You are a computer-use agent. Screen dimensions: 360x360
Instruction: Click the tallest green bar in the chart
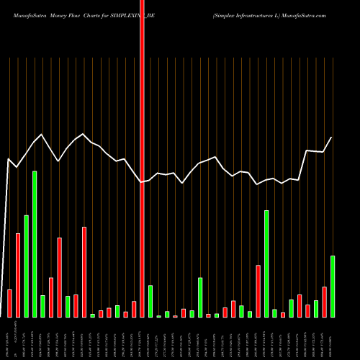tap(35, 244)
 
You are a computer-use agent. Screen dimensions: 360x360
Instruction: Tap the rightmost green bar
tap(333, 287)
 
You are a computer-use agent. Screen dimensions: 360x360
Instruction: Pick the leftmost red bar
tap(10, 303)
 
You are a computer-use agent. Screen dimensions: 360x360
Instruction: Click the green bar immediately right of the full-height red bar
tap(150, 301)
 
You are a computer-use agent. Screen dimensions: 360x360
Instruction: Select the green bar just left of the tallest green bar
tap(27, 266)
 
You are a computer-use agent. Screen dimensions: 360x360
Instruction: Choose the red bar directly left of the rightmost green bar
tap(325, 302)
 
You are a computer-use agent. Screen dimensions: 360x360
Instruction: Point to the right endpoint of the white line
tap(332, 138)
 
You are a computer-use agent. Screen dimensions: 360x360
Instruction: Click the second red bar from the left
tap(18, 275)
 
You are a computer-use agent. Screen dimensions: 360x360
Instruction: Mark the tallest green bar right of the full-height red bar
tap(266, 264)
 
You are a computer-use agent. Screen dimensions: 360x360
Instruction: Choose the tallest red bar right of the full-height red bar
tap(258, 291)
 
